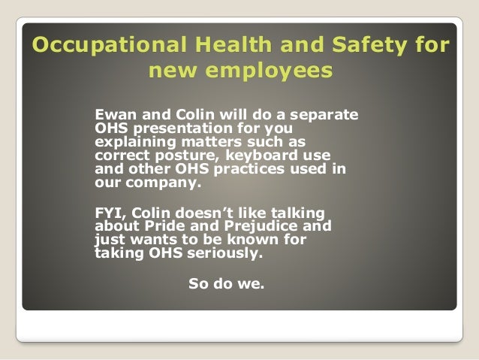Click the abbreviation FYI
pos(110,213)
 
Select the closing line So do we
pos(225,285)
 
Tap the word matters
pos(215,142)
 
